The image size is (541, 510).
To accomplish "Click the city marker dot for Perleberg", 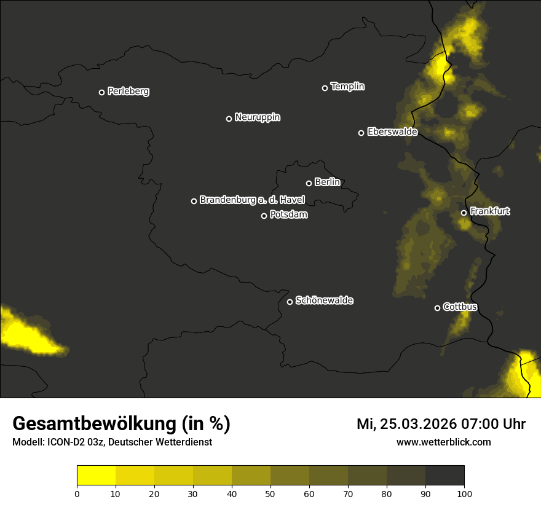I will click(x=101, y=92).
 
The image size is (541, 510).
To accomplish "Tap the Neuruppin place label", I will click(x=257, y=117).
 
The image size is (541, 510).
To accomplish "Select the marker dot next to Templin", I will click(x=325, y=88).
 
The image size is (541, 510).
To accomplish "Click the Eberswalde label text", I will click(x=392, y=131).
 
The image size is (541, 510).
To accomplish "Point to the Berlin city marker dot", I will click(x=309, y=183).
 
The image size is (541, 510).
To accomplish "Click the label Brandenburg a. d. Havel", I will click(x=252, y=200).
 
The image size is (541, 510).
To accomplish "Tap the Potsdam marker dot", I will click(x=264, y=216).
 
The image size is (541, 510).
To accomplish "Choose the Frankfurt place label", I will click(x=490, y=211).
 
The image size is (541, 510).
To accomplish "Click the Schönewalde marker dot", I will click(x=290, y=302).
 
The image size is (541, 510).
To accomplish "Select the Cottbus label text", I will click(x=460, y=307).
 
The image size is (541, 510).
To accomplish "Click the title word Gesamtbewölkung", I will click(x=94, y=424).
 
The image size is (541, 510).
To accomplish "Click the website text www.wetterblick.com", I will click(x=443, y=442).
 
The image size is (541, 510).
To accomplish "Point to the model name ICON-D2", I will click(x=67, y=442).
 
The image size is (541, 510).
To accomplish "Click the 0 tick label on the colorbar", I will click(x=77, y=493).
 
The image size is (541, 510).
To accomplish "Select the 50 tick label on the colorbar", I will click(x=270, y=493).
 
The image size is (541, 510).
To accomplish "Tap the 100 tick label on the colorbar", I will click(x=464, y=493).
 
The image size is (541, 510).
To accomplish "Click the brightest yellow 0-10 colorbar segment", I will click(x=96, y=476).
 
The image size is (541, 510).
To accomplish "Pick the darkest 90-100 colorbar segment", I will click(x=444, y=476).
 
